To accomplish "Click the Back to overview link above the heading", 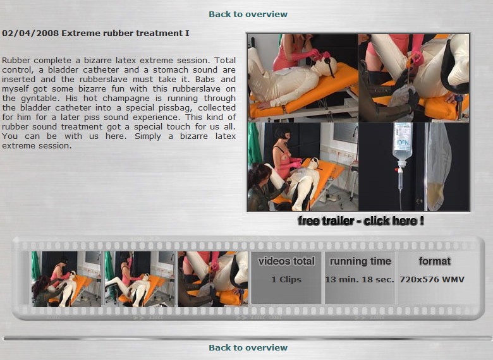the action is click(248, 14).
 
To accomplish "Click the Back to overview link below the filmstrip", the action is click(248, 347).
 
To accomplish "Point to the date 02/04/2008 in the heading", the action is click(30, 33).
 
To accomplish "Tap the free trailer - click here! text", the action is click(361, 220).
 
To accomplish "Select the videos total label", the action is click(286, 261).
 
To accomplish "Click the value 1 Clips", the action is click(286, 279).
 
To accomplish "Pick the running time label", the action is click(360, 261).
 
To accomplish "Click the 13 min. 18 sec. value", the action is click(360, 279).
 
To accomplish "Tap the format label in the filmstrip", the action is click(434, 261).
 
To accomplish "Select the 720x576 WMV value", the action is click(432, 279).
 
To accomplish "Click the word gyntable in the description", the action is click(40, 99).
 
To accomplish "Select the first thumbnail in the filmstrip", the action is click(66, 279).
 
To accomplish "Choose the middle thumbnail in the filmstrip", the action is click(140, 279).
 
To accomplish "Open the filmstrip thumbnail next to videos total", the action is click(213, 279).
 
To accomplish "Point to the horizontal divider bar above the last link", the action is click(247, 339).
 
